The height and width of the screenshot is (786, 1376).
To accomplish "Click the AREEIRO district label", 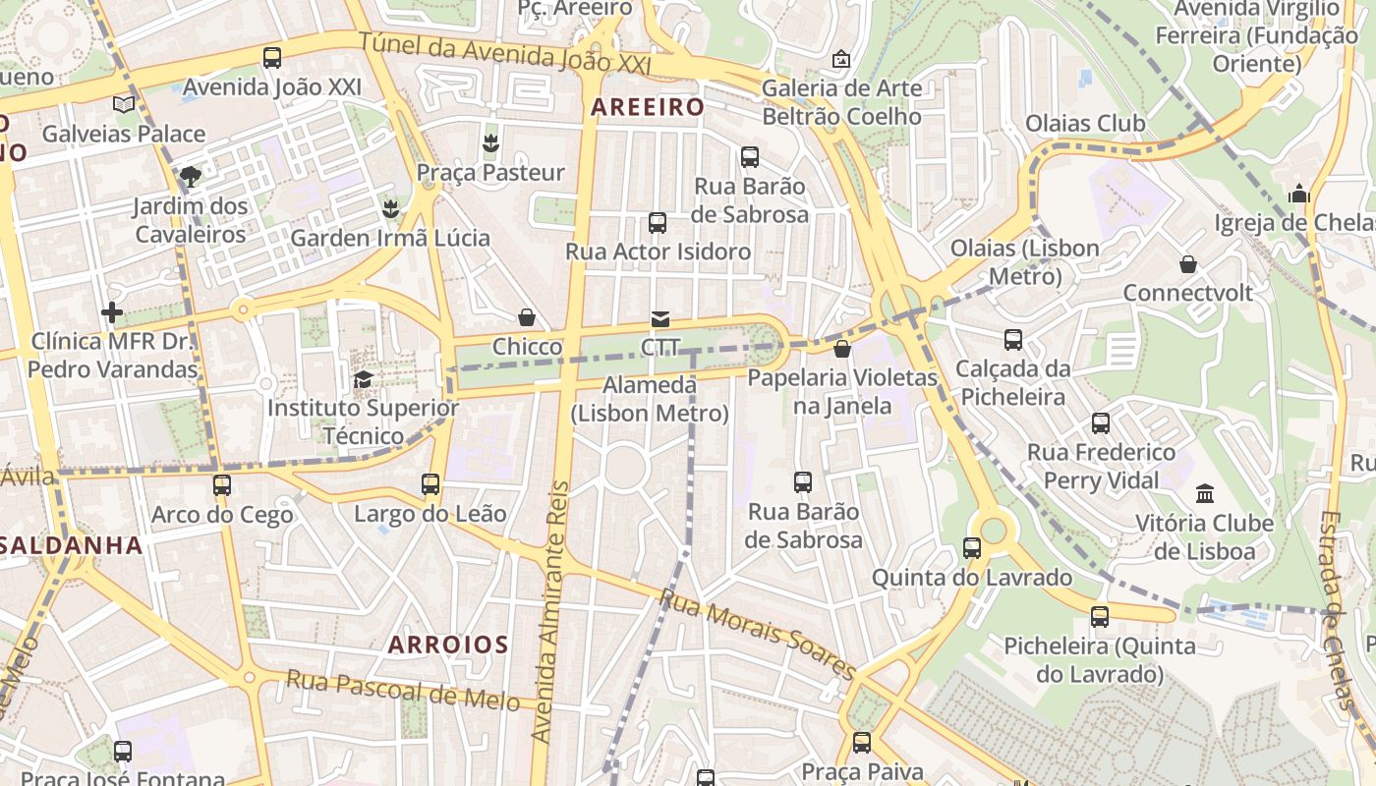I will pos(648,107).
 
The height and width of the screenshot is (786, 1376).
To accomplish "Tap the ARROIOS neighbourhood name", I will pos(448,645).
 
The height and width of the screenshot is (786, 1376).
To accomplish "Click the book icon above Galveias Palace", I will pos(124,104).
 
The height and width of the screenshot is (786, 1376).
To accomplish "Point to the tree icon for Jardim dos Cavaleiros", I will pos(191,177).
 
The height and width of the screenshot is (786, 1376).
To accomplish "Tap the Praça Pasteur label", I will pos(490,173).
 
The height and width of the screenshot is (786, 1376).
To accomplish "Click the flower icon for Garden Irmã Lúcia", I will pos(390,208).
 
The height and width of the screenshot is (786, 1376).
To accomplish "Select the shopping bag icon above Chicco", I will pos(527,317).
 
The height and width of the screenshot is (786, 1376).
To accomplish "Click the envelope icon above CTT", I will pos(659,319).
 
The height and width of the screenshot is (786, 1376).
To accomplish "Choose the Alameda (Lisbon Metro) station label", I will pos(650,399).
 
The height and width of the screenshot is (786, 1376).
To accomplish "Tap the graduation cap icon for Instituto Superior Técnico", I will pos(363,379).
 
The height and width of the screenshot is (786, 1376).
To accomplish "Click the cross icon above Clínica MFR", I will pos(112,312).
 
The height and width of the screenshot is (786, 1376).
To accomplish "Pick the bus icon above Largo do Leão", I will pos(430,484).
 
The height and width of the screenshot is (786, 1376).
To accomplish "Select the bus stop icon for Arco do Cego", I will pos(222,484).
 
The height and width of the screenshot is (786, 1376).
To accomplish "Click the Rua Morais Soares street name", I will pos(757,634).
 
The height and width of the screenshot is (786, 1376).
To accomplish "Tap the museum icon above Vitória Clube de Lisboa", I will pos(1204,493).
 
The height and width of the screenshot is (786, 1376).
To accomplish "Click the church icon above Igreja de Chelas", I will pos(1299,194).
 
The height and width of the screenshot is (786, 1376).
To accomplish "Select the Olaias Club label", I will pos(1085,123).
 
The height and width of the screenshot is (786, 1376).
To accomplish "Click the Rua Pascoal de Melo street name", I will pos(402,690).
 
